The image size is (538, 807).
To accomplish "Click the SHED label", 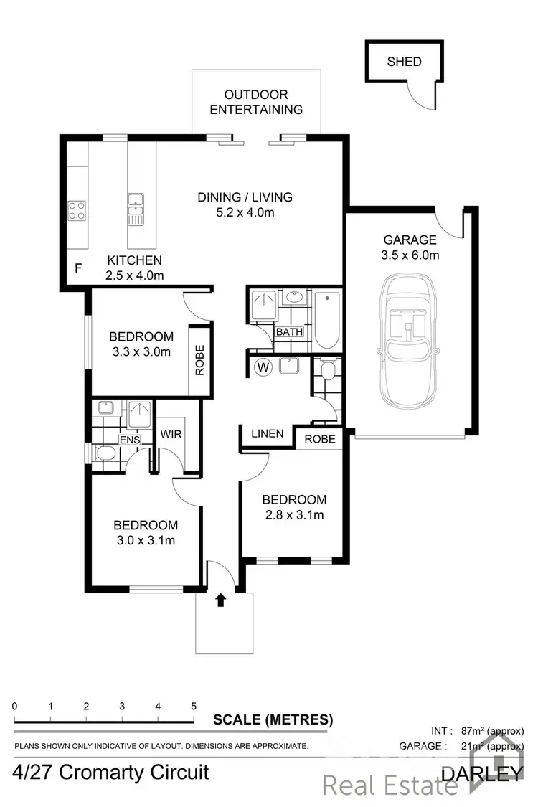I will (x=404, y=61).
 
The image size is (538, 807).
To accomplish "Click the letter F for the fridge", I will (x=78, y=269).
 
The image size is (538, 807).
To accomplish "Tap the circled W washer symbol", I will (x=263, y=368).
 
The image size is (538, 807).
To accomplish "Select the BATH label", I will (x=290, y=332).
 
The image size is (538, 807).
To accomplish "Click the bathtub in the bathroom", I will (x=326, y=319).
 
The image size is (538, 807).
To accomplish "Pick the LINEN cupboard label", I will (x=267, y=434).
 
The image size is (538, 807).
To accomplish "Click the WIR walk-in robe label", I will (x=171, y=434).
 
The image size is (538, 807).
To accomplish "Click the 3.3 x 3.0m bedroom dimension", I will (x=141, y=351).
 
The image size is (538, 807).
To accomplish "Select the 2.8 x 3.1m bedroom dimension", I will (x=294, y=514).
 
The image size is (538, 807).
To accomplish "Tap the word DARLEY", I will (x=481, y=773).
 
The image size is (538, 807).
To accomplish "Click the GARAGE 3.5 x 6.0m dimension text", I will (x=410, y=255).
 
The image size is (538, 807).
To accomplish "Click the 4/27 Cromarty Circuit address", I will (x=111, y=773).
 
